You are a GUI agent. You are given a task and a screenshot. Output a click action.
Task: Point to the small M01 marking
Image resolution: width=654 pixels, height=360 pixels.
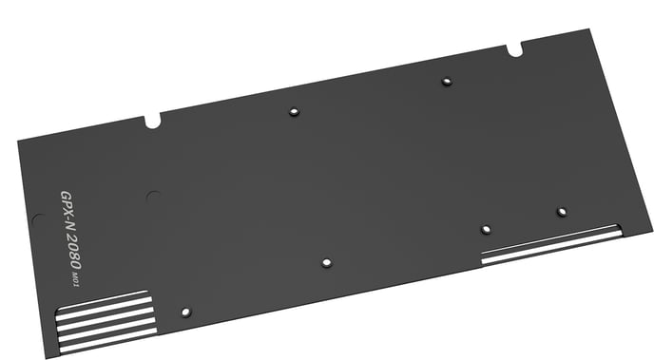(x=75, y=279)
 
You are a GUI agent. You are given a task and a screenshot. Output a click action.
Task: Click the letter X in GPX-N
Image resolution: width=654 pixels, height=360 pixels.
(x=68, y=215)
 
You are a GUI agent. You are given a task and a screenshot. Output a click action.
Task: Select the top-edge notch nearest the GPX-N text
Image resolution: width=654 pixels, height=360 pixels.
(x=153, y=122)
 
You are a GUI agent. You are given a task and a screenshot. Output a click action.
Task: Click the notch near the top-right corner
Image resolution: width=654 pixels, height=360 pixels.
(x=514, y=49)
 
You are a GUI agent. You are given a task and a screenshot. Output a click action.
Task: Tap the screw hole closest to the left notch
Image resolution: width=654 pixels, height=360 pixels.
(x=294, y=112)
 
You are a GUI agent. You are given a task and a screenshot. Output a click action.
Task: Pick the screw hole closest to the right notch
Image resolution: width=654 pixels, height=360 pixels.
(x=447, y=81)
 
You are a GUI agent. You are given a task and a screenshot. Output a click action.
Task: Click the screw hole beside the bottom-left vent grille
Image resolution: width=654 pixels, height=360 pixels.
(x=186, y=313)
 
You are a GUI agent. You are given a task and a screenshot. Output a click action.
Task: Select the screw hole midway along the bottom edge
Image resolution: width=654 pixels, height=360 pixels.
(x=327, y=262)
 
